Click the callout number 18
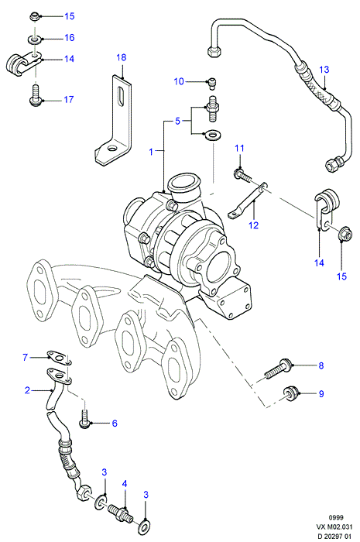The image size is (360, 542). (122, 57)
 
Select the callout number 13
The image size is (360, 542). (324, 70)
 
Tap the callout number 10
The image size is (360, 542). (179, 81)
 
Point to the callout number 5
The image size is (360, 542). (177, 122)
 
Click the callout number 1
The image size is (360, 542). (151, 152)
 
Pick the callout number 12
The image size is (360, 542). (254, 225)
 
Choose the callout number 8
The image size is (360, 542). (321, 365)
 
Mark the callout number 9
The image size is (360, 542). (321, 393)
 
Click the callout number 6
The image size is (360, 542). (115, 423)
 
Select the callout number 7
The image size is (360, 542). (25, 357)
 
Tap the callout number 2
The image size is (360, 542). (27, 390)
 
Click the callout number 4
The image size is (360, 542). (125, 484)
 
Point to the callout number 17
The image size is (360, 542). (69, 100)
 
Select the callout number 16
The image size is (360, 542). (70, 37)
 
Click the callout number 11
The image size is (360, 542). (239, 149)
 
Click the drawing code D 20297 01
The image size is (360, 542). (334, 536)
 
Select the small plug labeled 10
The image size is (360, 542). (212, 84)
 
